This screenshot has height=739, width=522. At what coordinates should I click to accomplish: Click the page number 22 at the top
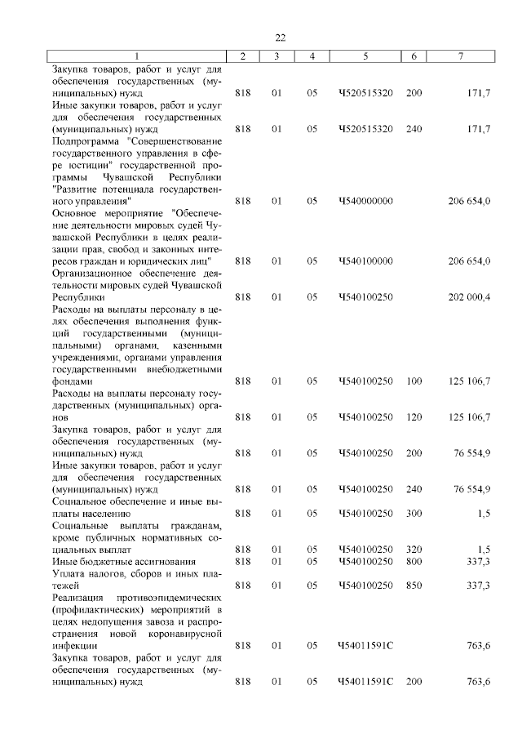(x=280, y=38)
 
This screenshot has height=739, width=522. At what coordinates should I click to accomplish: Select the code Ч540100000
(x=365, y=261)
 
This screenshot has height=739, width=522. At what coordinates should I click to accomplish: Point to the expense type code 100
(x=414, y=381)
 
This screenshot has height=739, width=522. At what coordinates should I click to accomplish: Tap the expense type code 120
(x=414, y=417)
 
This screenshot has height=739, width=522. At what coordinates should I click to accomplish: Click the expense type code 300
(x=414, y=514)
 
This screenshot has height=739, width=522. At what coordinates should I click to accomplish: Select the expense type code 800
(x=414, y=562)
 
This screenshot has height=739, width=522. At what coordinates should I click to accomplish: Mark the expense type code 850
(x=414, y=585)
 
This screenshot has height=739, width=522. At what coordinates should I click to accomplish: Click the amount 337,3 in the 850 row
(x=476, y=585)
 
